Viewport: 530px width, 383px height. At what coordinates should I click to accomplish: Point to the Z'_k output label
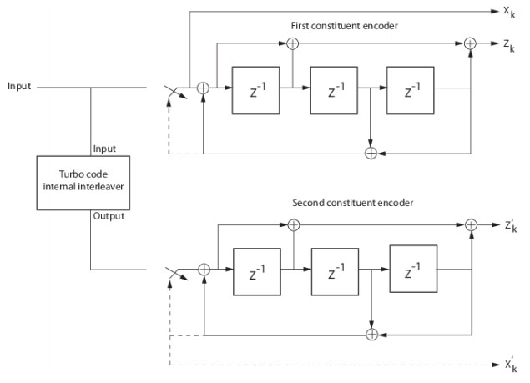(x=509, y=225)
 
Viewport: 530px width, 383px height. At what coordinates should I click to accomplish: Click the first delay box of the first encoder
(x=255, y=87)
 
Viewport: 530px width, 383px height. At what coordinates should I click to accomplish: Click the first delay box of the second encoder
(x=257, y=270)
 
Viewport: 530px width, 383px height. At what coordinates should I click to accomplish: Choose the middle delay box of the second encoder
(x=334, y=270)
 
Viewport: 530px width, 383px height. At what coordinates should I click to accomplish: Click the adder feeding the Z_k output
(x=471, y=42)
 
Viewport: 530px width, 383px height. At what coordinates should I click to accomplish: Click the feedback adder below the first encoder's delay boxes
(x=371, y=153)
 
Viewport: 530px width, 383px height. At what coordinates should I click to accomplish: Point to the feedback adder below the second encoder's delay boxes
(x=371, y=335)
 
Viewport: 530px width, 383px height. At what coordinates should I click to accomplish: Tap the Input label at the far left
(x=19, y=86)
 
